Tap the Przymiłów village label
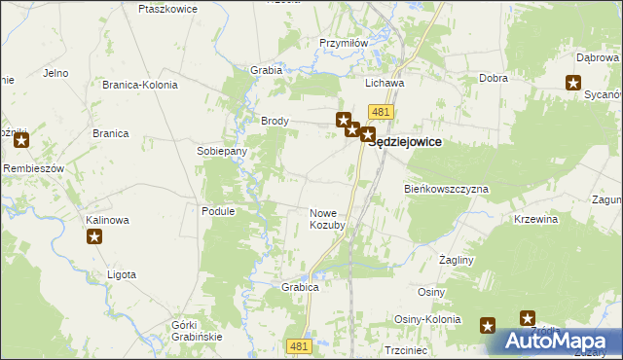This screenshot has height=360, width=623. tap(343, 43)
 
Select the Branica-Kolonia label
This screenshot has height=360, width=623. tap(140, 85)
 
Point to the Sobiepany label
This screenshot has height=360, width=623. tap(222, 152)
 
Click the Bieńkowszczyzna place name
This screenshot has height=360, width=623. tap(447, 189)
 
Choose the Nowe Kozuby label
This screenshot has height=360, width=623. tap(328, 219)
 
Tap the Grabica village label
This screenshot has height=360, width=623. tap(301, 288)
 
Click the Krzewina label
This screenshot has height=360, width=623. tap(536, 220)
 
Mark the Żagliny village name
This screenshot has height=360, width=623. tap(456, 261)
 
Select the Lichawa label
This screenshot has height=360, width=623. tap(385, 84)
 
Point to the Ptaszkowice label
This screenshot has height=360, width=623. tap(168, 9)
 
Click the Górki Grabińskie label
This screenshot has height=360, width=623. tap(197, 330)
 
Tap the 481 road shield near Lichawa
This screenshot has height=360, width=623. tap(382, 113)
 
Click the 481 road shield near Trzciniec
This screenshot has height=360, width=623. tap(301, 345)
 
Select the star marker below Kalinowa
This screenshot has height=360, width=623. tap(94, 236)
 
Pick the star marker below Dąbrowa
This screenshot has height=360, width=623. tap(574, 83)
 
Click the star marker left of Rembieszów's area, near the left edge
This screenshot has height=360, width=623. tap(21, 141)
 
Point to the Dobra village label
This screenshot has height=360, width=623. tap(494, 78)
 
